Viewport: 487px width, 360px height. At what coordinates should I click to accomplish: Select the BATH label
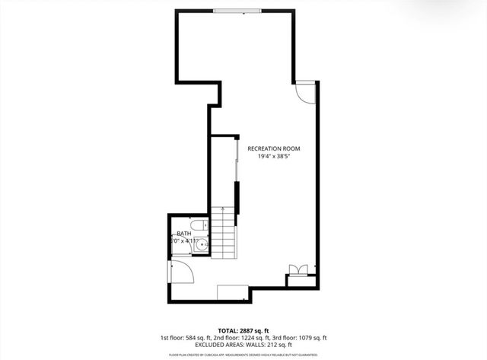[184, 234]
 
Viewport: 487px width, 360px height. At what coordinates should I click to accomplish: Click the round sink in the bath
[202, 245]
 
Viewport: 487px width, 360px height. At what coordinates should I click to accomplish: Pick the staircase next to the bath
[224, 232]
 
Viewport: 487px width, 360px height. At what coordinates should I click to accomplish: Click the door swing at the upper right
[304, 91]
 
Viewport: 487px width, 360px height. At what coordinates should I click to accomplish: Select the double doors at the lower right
[298, 270]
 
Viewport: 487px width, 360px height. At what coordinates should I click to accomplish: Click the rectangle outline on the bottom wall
[232, 293]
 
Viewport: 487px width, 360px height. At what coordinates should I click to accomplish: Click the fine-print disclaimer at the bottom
[243, 355]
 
